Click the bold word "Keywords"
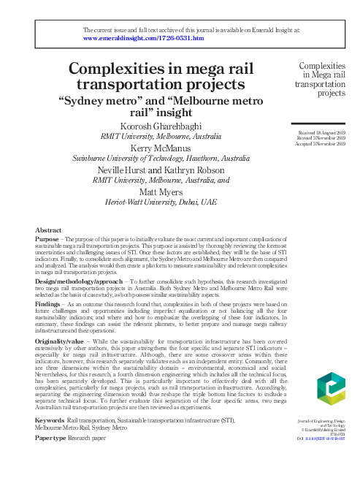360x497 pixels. click(49, 422)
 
